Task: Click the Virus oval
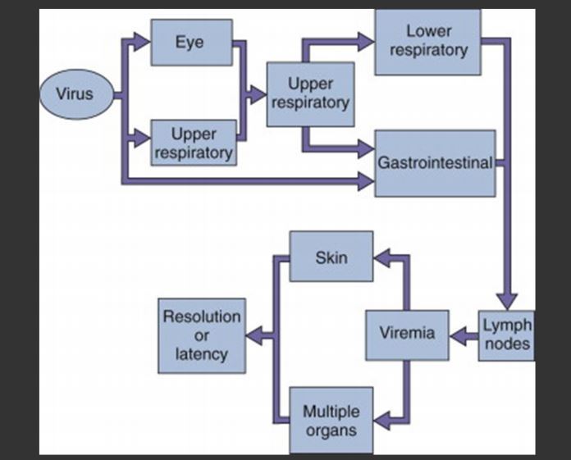click(x=74, y=94)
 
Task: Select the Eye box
click(x=191, y=42)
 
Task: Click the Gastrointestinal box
click(x=435, y=162)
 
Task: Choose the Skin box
click(x=331, y=257)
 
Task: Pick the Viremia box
click(x=407, y=334)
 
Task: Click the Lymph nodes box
click(x=506, y=334)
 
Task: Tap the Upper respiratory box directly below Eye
click(x=194, y=143)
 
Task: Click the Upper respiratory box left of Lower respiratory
click(x=311, y=93)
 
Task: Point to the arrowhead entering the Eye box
click(x=142, y=39)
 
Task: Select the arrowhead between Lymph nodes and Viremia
click(x=459, y=334)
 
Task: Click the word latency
click(x=202, y=354)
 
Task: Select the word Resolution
click(x=202, y=317)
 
